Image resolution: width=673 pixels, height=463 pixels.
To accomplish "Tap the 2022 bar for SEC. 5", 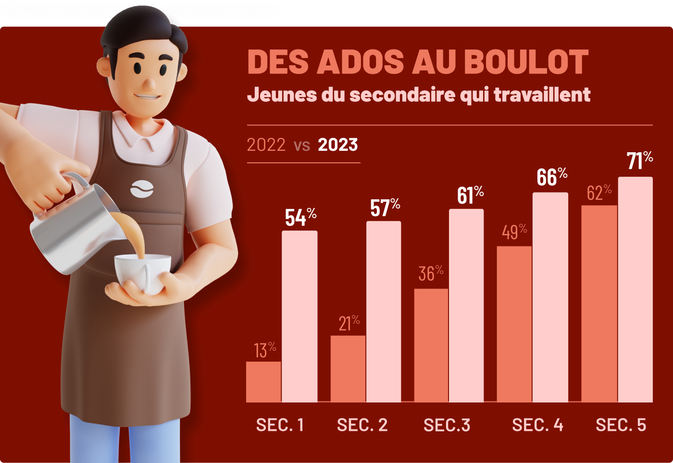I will (599, 304).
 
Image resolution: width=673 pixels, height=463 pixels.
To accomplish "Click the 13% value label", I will (265, 350).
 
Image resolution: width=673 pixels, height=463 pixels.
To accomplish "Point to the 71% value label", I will (639, 160).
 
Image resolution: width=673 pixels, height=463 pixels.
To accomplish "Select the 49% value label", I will (514, 231).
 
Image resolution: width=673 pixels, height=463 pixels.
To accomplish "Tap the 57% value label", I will (385, 207).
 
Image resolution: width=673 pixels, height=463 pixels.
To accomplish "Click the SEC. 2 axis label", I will (362, 425).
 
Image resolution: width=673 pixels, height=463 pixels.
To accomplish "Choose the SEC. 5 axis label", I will (621, 425).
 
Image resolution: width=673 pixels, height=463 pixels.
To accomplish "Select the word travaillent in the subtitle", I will (542, 95).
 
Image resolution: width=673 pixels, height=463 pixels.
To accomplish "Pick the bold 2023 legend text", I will (338, 145).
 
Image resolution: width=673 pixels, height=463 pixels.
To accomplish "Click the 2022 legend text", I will (266, 145).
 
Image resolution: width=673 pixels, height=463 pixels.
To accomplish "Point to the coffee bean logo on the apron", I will (142, 188).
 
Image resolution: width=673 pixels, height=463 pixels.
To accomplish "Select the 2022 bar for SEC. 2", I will (348, 368).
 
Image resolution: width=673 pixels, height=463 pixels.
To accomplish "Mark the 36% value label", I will (431, 273).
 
